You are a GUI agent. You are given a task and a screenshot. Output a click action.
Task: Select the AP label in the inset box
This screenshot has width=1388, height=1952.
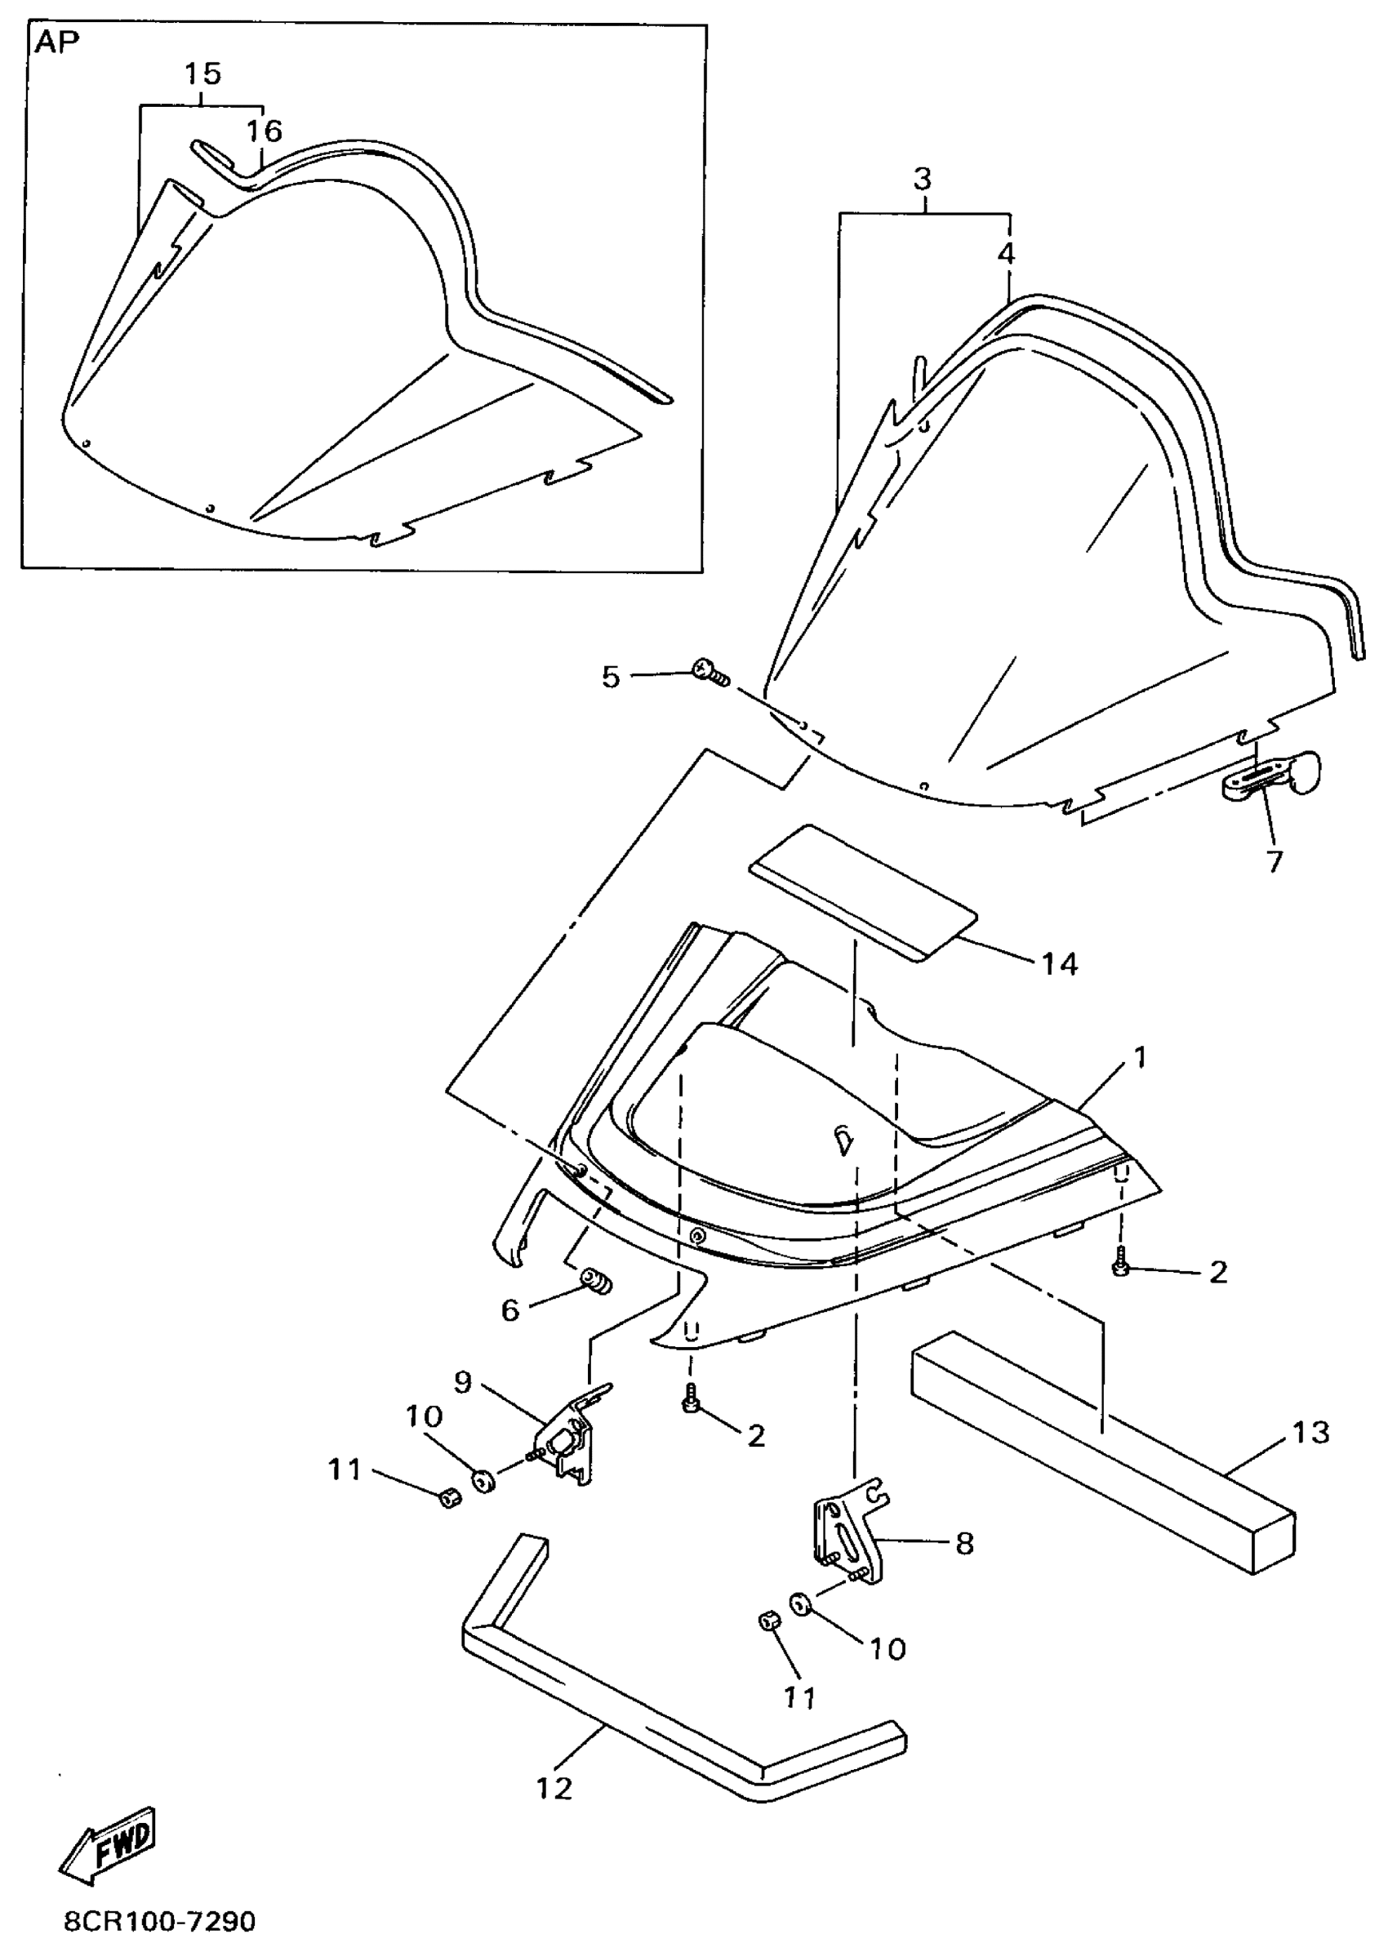(56, 43)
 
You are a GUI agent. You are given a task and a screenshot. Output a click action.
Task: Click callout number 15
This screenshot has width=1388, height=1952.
(202, 74)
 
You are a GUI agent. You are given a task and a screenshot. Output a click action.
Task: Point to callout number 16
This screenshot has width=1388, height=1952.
(264, 131)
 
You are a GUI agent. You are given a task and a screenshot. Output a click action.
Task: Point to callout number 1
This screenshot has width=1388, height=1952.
(1138, 1058)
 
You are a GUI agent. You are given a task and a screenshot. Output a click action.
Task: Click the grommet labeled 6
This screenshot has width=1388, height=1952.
(597, 1280)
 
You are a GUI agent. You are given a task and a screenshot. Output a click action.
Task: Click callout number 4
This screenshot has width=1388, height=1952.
(1006, 254)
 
